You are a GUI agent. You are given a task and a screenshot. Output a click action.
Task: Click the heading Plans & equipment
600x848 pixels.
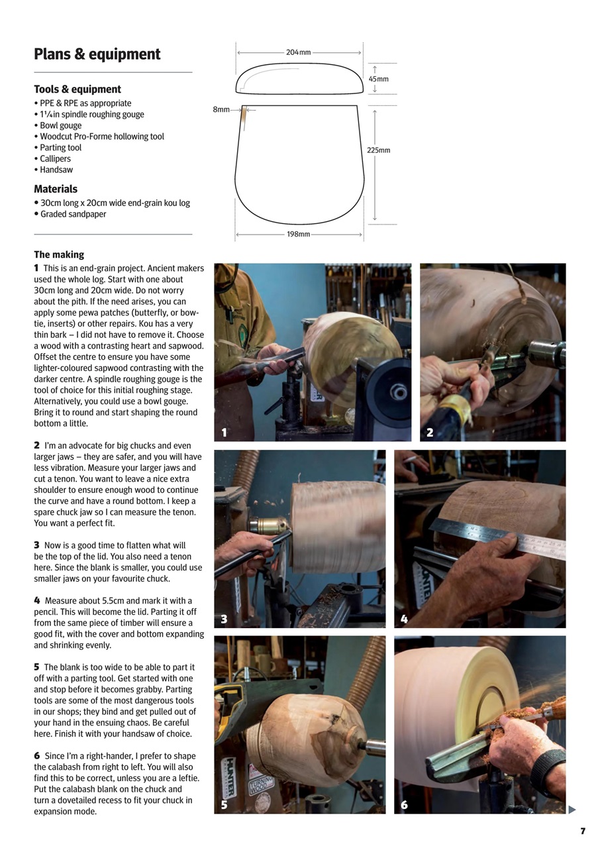coord(97,54)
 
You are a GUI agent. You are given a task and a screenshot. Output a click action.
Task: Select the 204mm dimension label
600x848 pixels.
coord(298,52)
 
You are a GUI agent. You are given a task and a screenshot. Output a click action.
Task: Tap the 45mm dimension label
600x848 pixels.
coord(378,79)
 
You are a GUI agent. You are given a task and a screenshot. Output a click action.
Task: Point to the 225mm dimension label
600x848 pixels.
coord(379,150)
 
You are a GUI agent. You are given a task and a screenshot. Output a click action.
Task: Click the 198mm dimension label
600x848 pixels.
coord(298,235)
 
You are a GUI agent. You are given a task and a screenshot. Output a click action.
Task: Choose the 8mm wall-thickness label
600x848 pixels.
coord(221,109)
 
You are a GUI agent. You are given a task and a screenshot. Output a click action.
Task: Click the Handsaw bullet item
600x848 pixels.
coord(56,170)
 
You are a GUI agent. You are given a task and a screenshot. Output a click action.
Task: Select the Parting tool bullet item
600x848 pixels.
coord(60,148)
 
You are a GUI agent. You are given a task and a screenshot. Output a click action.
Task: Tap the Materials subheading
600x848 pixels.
coord(56,189)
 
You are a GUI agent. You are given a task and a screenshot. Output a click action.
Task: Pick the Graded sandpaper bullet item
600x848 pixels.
coord(73,214)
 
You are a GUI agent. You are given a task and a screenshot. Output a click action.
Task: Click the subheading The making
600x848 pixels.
coord(59,254)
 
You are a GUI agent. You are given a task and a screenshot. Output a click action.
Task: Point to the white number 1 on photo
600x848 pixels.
coord(225,433)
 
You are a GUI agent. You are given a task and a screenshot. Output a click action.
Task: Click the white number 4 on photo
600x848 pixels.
coord(404,619)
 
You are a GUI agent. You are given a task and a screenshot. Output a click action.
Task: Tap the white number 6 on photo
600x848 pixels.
coord(404,805)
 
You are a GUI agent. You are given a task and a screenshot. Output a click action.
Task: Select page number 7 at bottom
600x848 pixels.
coord(583,831)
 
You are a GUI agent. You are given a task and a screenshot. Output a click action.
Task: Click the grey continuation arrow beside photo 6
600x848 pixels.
coord(572,810)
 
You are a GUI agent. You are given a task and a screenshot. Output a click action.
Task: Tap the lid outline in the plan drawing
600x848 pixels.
coord(299,78)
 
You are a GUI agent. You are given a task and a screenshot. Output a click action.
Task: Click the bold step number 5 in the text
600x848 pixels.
coord(37,667)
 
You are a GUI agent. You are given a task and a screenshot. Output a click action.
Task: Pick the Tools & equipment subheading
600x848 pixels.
coord(77,89)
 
